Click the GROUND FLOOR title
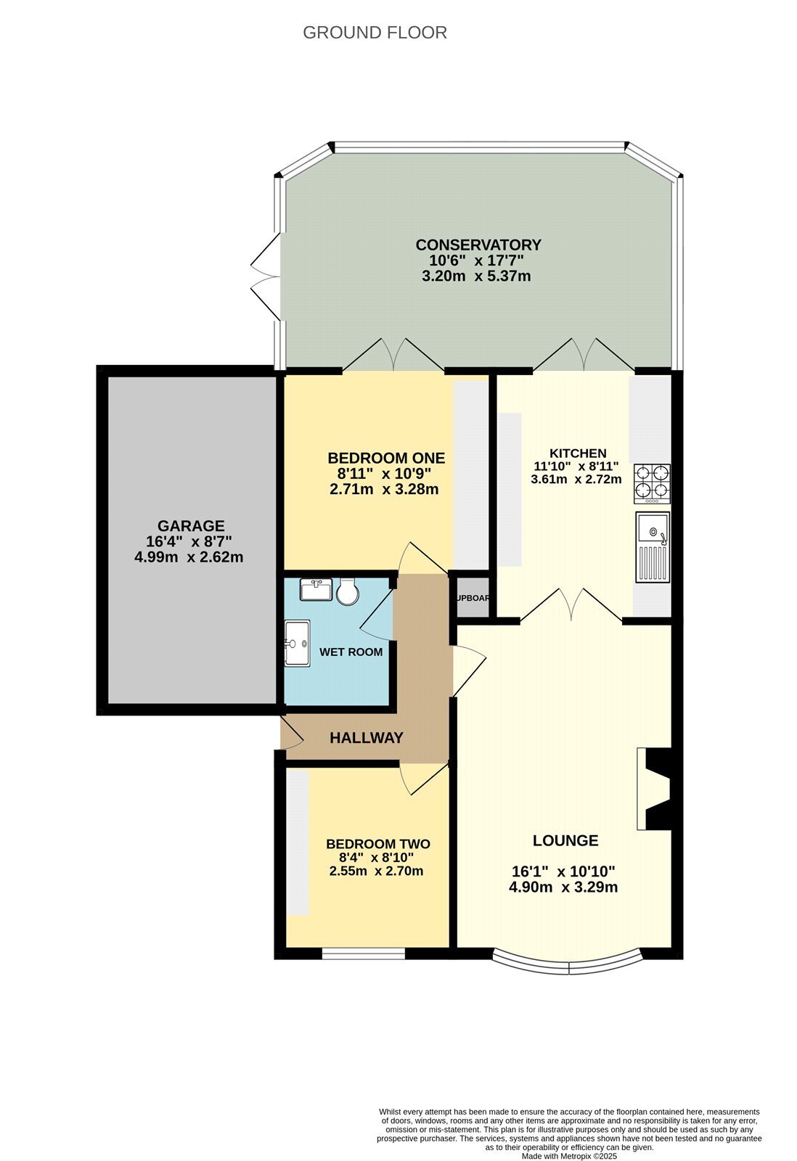[x=375, y=33]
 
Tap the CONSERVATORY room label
[x=478, y=245]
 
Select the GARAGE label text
[x=191, y=525]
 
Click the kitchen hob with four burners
[x=652, y=483]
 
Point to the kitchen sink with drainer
[x=653, y=547]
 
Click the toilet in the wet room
[x=348, y=592]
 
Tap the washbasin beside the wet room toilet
[x=316, y=589]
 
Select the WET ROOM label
[x=351, y=652]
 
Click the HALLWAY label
[x=367, y=737]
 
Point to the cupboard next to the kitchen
[x=472, y=598]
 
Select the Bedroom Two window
[x=363, y=953]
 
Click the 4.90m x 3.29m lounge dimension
[x=563, y=887]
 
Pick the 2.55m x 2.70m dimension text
[x=376, y=871]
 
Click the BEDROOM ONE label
[x=386, y=458]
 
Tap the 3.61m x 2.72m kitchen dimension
[x=576, y=479]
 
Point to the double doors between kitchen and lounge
[x=571, y=604]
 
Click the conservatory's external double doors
[x=266, y=276]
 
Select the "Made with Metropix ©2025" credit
[x=569, y=1156]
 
